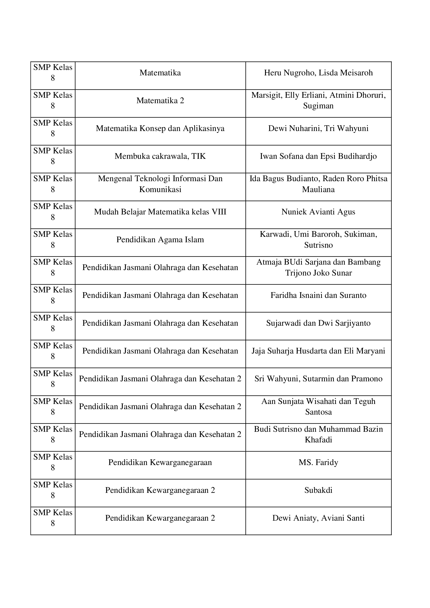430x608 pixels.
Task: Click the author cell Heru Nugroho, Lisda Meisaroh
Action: (318, 73)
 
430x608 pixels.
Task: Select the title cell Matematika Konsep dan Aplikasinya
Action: (160, 128)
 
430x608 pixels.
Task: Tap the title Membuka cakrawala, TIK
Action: (160, 156)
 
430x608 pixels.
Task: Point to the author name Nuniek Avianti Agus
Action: (318, 212)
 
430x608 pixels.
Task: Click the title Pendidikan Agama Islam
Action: (160, 240)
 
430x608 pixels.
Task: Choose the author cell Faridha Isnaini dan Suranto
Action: (318, 295)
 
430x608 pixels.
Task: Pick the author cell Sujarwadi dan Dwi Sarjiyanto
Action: (318, 323)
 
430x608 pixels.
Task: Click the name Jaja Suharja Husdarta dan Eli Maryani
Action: (318, 351)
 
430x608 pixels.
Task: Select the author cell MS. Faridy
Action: (318, 462)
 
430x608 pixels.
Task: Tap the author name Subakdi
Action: (318, 490)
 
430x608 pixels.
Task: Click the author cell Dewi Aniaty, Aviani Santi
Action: (318, 518)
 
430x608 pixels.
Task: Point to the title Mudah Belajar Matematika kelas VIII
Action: (160, 212)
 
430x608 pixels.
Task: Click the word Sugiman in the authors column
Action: (318, 106)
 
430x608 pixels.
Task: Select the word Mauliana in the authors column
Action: (318, 189)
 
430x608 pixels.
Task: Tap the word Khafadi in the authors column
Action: (318, 440)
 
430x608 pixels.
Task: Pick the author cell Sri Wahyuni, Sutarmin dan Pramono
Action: (318, 379)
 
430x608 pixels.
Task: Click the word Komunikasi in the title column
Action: (160, 189)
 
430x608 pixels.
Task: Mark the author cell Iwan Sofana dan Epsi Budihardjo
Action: (318, 156)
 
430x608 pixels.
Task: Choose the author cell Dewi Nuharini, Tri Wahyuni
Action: (318, 128)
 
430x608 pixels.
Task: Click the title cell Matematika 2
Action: (160, 101)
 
